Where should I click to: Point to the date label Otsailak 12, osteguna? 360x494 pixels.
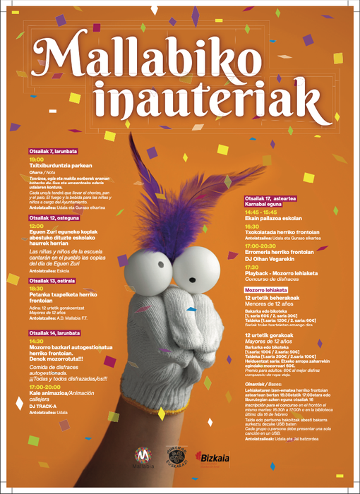pyautogui.click(x=53, y=218)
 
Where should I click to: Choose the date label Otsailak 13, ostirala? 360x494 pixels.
pyautogui.click(x=52, y=280)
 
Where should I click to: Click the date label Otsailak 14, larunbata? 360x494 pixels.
pyautogui.click(x=54, y=332)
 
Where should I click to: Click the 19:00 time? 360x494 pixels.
pyautogui.click(x=36, y=159)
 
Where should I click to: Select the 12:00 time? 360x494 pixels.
pyautogui.click(x=36, y=226)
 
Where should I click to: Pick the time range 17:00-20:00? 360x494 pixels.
pyautogui.click(x=44, y=387)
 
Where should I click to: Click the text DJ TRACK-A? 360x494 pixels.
pyautogui.click(x=43, y=406)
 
